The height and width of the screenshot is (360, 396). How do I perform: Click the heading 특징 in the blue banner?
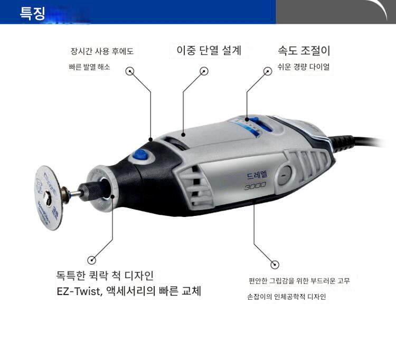(x=32, y=13)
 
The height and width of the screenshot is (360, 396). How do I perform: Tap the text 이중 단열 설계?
(x=209, y=50)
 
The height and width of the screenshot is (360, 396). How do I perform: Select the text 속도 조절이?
(x=304, y=51)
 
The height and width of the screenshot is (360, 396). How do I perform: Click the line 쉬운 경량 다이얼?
(x=304, y=67)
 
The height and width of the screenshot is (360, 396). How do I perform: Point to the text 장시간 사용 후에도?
(x=102, y=51)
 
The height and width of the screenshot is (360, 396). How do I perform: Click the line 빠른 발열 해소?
(x=89, y=67)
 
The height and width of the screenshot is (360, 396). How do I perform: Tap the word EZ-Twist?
(x=80, y=291)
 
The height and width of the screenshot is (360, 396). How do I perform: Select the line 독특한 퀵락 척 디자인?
(x=105, y=276)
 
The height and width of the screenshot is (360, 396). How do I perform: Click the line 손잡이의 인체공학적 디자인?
(x=286, y=296)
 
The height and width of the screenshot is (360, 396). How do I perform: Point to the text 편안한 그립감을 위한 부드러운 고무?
(x=299, y=281)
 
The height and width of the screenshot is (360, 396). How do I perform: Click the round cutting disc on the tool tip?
(x=49, y=197)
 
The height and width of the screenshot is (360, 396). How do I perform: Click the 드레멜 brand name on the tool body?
(x=257, y=175)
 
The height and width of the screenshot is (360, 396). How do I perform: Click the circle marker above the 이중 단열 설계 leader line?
(x=204, y=71)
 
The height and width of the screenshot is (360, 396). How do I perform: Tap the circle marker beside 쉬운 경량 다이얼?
(x=268, y=71)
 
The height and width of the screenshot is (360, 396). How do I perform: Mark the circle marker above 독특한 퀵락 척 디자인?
(x=92, y=260)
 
